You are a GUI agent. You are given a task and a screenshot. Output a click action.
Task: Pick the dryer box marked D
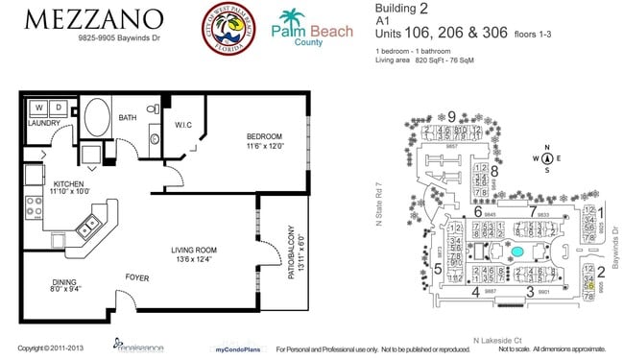click(x=57, y=107)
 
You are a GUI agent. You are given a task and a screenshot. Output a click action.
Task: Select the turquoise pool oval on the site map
click(x=517, y=252)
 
